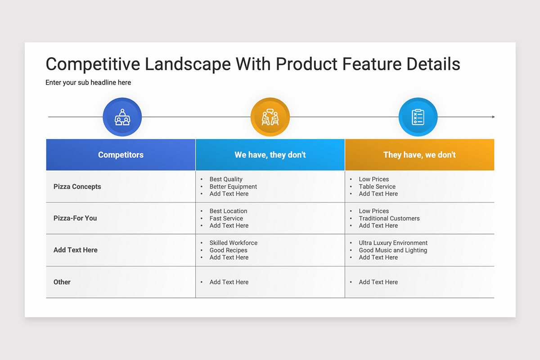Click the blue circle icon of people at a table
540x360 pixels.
[x=122, y=117]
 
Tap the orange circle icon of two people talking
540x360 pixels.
[x=270, y=117]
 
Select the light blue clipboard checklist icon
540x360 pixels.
[x=418, y=117]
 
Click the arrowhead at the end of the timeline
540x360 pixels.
[x=493, y=117]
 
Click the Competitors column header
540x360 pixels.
[x=121, y=155]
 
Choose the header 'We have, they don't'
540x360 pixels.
[x=270, y=155]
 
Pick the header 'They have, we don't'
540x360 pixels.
[x=419, y=155]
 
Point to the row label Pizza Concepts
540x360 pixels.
[x=77, y=187]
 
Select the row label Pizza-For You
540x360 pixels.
[x=75, y=218]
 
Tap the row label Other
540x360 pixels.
[x=62, y=282]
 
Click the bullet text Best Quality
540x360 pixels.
[x=226, y=179]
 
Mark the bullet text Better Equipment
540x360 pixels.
[x=233, y=187]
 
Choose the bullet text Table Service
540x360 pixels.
[x=377, y=187]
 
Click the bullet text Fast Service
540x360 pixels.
[x=226, y=218]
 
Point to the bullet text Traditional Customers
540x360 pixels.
[x=389, y=218]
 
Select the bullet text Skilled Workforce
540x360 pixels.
[x=234, y=243]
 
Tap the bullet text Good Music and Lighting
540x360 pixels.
[x=393, y=250]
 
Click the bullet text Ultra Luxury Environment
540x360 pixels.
[x=393, y=243]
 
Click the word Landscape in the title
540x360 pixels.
[x=188, y=65]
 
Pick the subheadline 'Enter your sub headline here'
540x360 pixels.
[x=88, y=83]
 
